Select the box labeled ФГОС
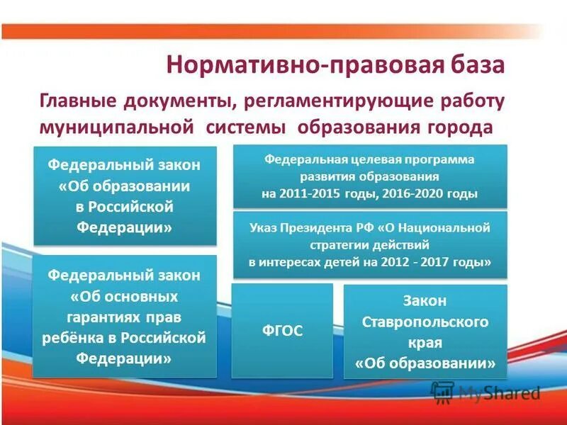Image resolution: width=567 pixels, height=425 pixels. pos(281,330)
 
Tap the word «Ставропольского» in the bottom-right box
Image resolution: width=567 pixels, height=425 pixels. pos(425,322)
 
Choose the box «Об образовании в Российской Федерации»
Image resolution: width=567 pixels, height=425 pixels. pos(125,196)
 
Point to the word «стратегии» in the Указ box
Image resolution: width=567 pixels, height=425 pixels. pos(336,245)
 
